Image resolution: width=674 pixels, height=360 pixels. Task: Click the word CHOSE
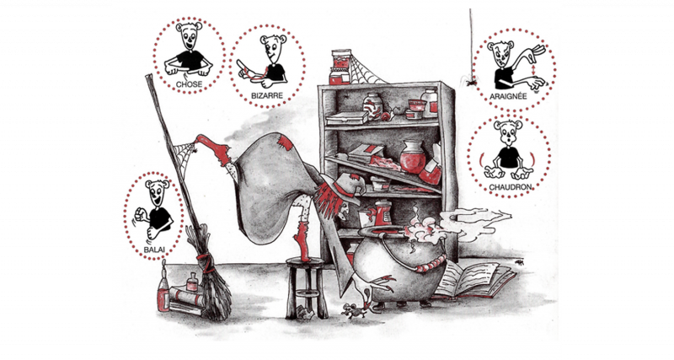[189, 84]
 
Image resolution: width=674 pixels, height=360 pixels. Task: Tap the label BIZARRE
[267, 95]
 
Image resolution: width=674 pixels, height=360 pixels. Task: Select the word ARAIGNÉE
[509, 96]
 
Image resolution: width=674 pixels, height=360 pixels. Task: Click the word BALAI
[153, 249]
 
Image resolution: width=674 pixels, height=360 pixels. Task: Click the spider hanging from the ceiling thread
[472, 80]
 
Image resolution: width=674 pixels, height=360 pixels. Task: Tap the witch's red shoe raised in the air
[215, 149]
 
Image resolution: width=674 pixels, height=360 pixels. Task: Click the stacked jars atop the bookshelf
[340, 67]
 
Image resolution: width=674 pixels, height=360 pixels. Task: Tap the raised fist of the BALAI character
[140, 213]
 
